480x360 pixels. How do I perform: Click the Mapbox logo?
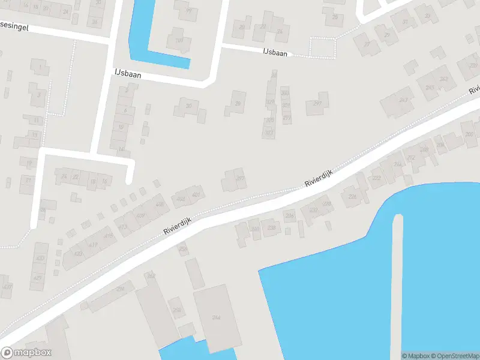tap(26, 353)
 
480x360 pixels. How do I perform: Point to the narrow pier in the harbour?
tap(397, 282)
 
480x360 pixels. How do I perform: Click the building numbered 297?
tap(317, 104)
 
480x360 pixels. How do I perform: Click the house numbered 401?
tap(196, 194)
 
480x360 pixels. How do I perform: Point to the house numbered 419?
tap(108, 236)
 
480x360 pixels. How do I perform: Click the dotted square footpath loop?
tap(323, 47)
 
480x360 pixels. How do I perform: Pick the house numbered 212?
tap(410, 158)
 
